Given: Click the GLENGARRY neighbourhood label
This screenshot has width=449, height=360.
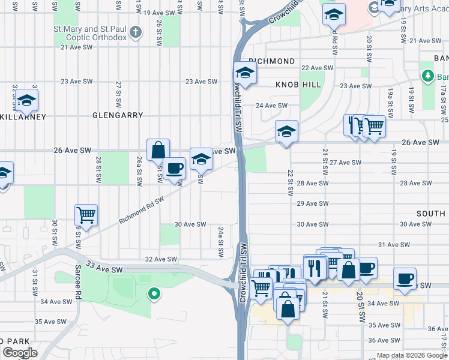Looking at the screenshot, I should point(118,115).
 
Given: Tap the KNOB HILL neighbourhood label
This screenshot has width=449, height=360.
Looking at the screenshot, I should point(298,85).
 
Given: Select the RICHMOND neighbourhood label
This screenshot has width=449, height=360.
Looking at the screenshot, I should point(271,61).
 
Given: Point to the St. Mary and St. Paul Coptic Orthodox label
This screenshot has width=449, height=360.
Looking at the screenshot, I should point(90,33).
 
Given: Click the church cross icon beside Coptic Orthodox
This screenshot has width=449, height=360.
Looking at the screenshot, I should point(136,32).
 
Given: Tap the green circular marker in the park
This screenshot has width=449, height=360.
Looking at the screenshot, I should point(154,294).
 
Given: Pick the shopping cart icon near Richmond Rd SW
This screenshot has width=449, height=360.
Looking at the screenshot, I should point(86,214).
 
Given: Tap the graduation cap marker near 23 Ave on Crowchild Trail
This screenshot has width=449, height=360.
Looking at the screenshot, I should point(245,73).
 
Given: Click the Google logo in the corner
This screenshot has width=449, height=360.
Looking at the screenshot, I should point(20,353).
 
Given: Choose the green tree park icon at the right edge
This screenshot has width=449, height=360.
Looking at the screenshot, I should point(427,76).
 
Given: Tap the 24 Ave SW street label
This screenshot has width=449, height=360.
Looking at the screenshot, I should point(273,106).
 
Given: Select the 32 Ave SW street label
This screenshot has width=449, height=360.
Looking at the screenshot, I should point(161,259).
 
